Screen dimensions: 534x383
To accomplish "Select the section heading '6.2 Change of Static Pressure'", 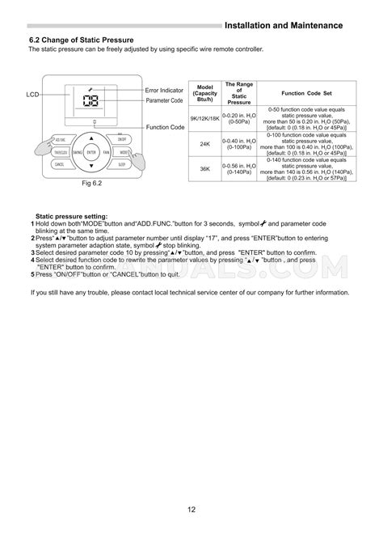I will coord(82,40).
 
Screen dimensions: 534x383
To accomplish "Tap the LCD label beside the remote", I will coord(32,95).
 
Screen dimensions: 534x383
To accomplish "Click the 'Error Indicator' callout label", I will coord(164,90).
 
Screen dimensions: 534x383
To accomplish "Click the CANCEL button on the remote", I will coord(59,163).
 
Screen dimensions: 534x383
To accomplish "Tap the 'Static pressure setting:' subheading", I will coord(77,217).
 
